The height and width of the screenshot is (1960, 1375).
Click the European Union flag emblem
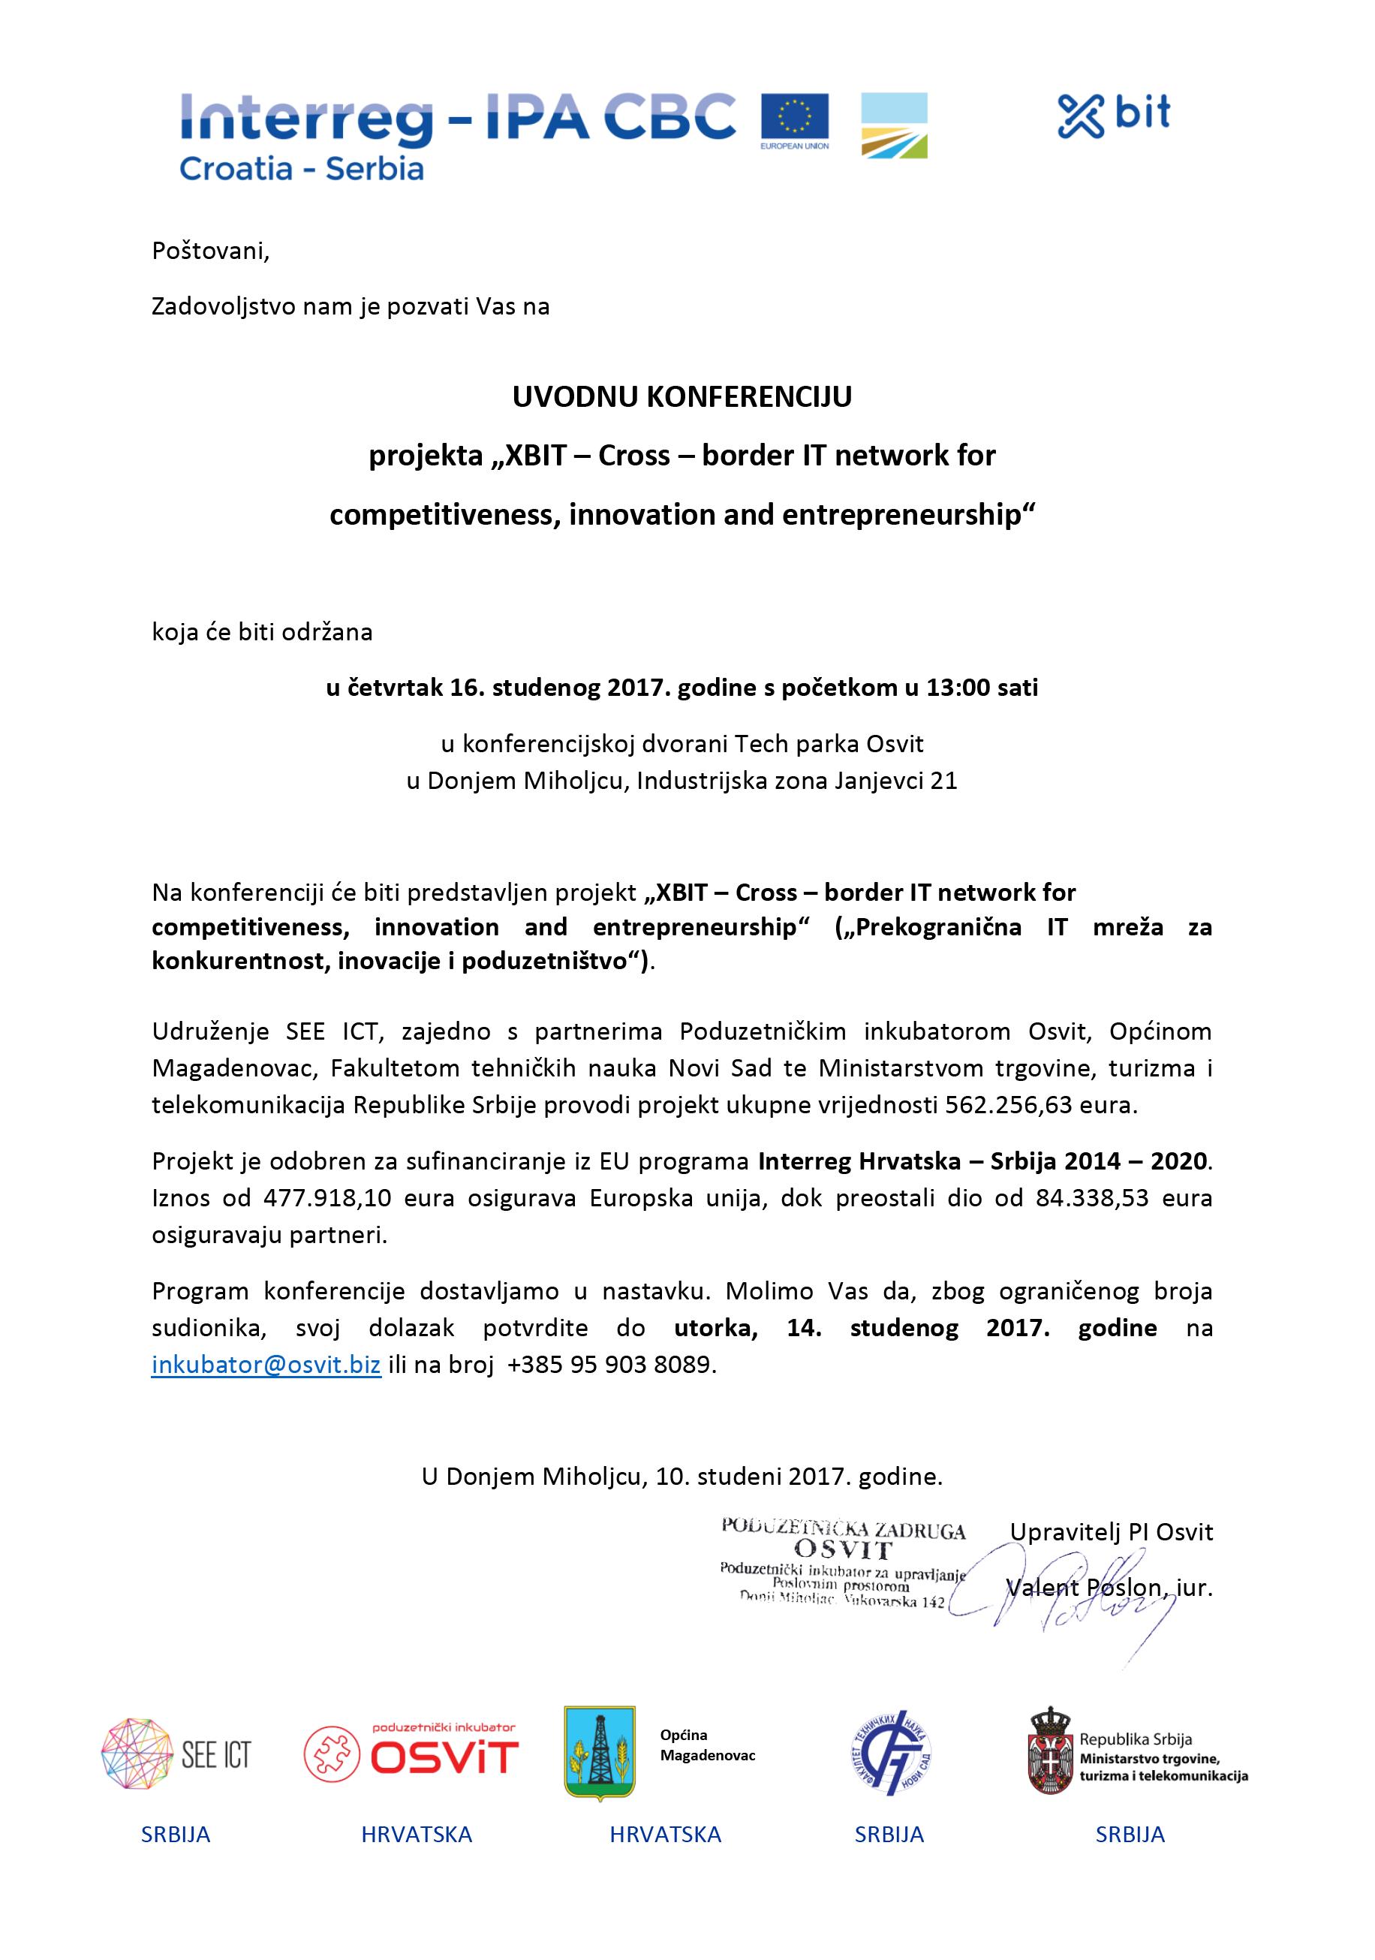794,117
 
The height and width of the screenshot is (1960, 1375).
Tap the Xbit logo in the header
1114,116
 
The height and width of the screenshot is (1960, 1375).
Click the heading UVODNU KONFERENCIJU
682,397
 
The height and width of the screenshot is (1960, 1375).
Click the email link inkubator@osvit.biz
266,1364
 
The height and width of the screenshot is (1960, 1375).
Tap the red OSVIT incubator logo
411,1752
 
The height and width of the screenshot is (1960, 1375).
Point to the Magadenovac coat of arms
599,1753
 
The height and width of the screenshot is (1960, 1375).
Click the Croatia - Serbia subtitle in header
301,168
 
